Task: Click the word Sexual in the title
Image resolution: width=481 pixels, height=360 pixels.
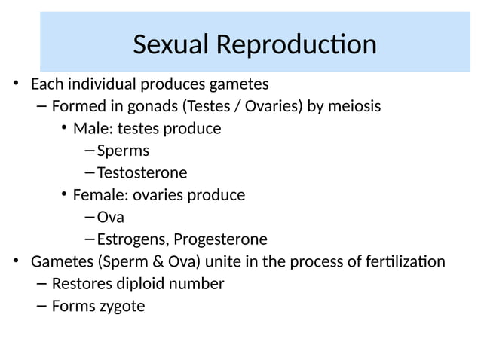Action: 171,45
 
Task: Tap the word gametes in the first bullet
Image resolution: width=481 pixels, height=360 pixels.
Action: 240,83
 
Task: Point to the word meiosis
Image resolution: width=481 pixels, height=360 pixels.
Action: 354,106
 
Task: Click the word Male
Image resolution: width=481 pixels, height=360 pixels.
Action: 90,128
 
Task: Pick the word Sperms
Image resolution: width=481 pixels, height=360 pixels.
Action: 123,151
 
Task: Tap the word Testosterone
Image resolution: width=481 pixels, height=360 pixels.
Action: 142,172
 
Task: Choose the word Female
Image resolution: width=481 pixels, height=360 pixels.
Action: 97,195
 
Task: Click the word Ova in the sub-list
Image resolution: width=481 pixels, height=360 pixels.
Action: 110,218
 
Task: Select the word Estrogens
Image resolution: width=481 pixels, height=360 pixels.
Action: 132,239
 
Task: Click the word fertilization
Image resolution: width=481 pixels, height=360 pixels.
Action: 403,262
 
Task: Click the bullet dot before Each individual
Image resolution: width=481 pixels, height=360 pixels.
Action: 16,83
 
